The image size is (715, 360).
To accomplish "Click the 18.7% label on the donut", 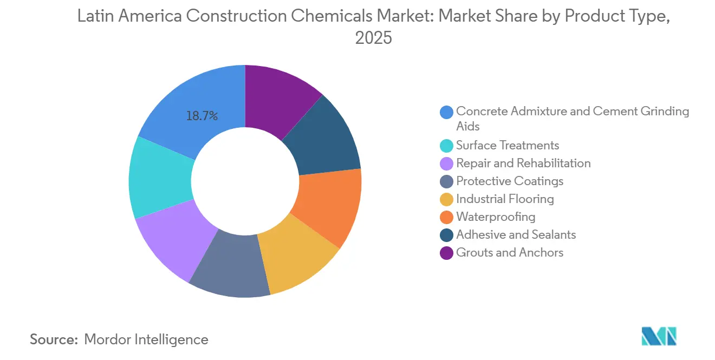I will point(202,116).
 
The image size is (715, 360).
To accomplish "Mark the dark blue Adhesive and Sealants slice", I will point(325,138).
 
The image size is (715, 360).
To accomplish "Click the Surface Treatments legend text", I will point(508,145).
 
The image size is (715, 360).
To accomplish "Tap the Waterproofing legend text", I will point(496,217).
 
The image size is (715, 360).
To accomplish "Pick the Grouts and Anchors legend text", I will point(510,252).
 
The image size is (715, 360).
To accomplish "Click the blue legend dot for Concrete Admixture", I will point(446,112).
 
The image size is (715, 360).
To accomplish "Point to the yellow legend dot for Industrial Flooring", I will point(446,199).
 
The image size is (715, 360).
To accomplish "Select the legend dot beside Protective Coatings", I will point(446,181).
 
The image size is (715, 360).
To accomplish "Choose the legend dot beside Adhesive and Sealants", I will point(446,235).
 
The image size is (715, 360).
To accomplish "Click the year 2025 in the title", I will point(373,38).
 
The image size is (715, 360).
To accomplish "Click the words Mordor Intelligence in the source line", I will point(146,339).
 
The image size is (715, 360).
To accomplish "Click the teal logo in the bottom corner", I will point(659,337).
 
